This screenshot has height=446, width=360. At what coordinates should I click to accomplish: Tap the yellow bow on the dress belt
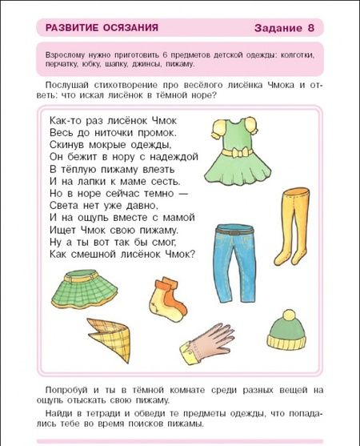[x=237, y=153]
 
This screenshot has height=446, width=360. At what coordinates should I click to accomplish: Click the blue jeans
[x=235, y=263]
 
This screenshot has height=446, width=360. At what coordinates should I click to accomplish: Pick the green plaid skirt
[x=84, y=290]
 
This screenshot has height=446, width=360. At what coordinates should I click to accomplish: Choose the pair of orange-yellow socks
[x=168, y=299]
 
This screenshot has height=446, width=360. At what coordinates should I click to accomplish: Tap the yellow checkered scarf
[x=109, y=339]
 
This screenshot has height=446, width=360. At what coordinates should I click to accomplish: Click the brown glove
[x=207, y=344]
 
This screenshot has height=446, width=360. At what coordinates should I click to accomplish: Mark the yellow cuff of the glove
[x=188, y=354]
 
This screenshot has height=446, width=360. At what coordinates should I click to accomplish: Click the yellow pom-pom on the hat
[x=289, y=315]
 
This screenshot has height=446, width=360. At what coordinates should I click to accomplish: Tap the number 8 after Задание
[x=310, y=28]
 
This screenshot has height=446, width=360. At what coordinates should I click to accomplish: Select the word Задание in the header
[x=278, y=29]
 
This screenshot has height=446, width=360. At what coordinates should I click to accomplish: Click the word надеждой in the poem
[x=174, y=157]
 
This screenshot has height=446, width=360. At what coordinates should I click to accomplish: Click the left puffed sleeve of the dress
[x=218, y=129]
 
